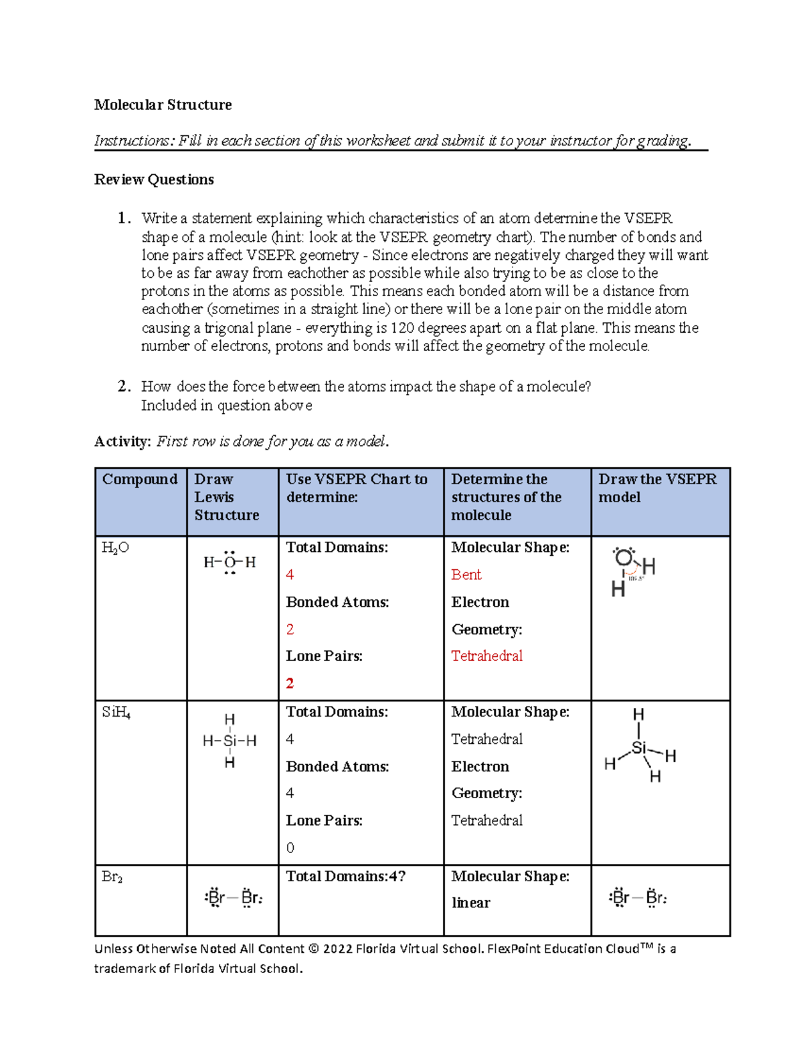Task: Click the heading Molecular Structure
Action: coord(163,104)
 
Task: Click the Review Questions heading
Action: coord(154,179)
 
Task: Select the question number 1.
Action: coord(122,218)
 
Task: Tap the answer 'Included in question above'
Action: coord(226,405)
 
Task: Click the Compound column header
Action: coord(139,479)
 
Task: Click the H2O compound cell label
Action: coord(115,548)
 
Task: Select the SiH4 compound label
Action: coord(116,713)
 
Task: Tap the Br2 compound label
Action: coord(112,877)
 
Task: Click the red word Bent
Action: coord(466,575)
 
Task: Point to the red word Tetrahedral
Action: coord(486,656)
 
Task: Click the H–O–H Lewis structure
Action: coord(230,563)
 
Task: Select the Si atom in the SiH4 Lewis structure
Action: coord(230,741)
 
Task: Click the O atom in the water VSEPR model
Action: coord(624,557)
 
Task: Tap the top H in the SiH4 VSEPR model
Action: coord(638,715)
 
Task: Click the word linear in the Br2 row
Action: coord(470,903)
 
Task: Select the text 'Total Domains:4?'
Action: coord(345,877)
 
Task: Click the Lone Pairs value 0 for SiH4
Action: coord(290,848)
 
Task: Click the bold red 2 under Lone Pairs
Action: coord(290,684)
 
